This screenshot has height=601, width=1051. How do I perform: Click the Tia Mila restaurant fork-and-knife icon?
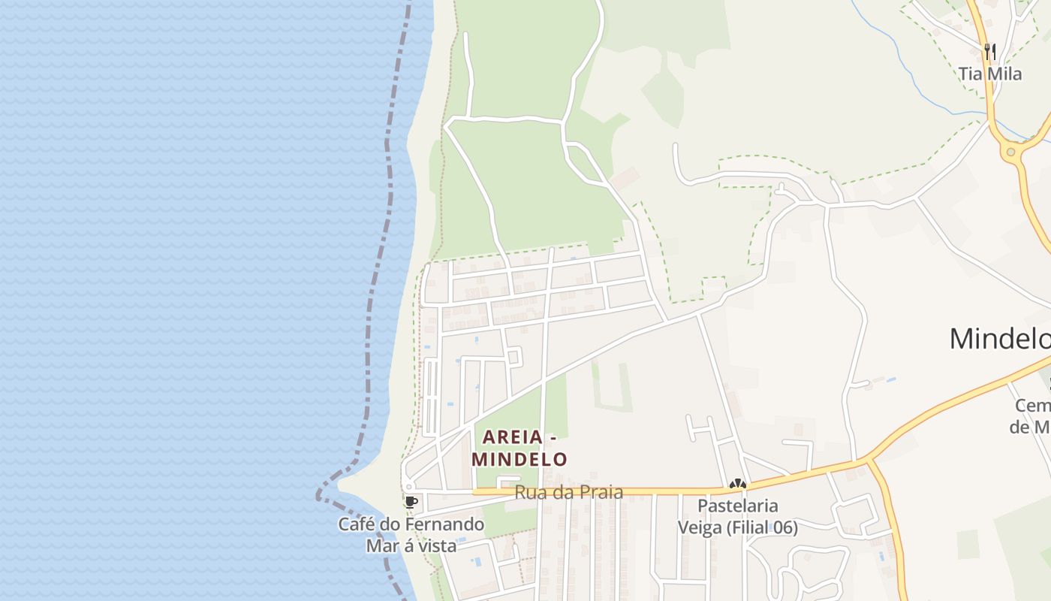coord(990,51)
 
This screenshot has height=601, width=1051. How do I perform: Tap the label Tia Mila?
coord(990,74)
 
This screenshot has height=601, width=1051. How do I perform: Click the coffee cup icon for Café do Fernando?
coord(411,502)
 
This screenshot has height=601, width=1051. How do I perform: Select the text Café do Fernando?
coord(411,524)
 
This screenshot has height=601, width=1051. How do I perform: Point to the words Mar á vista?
coord(411,546)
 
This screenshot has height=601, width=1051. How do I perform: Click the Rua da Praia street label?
coord(568,493)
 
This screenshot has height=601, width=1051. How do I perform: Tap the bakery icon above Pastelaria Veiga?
coord(737,485)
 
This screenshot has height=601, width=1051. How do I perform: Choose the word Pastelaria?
coord(738,506)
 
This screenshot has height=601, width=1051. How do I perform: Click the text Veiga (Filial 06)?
coord(738,527)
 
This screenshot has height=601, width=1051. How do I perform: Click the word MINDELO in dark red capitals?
coord(519,458)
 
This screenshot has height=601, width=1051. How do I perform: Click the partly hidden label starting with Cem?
coord(1032,406)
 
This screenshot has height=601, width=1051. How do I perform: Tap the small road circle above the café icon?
coord(408,487)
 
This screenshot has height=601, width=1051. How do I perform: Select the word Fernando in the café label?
coord(448,524)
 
